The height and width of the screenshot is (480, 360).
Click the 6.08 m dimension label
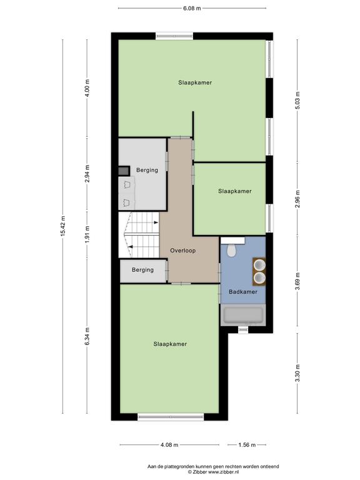click(192, 8)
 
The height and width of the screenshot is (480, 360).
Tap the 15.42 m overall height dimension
click(63, 226)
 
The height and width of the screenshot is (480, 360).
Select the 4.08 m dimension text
click(169, 445)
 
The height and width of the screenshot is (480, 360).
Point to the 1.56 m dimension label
click(247, 445)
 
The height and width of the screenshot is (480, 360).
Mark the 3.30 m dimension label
click(298, 373)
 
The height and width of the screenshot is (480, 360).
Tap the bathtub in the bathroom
click(242, 315)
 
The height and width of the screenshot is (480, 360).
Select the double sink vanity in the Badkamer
click(259, 271)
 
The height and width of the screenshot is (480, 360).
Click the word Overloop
click(182, 251)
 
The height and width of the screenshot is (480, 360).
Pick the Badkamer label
click(243, 292)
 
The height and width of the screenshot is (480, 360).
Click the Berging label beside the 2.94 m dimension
click(147, 170)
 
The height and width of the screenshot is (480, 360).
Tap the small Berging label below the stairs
click(142, 270)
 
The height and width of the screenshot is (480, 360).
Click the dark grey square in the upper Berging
click(124, 171)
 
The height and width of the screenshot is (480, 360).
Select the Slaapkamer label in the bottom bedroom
click(170, 344)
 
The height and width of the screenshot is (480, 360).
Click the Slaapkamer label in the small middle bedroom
click(235, 191)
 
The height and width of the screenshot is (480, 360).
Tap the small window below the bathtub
click(243, 329)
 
